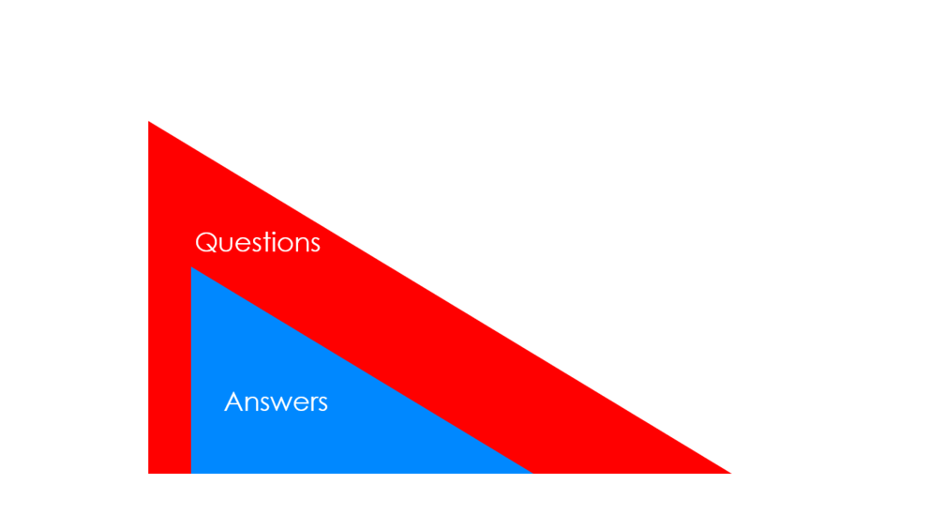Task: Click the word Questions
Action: click(258, 243)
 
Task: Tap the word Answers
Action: click(276, 402)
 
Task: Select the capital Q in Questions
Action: click(206, 243)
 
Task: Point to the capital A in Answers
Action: click(234, 402)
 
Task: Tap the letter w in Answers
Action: click(278, 404)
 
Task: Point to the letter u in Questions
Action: click(228, 246)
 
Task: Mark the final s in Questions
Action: click(315, 246)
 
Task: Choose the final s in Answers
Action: click(322, 404)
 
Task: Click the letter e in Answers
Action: click(296, 404)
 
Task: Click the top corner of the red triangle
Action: click(148, 121)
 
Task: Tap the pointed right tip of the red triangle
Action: click(731, 473)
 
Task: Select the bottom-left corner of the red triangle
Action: click(148, 473)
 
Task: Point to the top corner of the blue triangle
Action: click(191, 267)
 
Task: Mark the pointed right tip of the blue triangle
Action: click(532, 473)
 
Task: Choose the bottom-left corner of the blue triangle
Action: click(191, 473)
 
